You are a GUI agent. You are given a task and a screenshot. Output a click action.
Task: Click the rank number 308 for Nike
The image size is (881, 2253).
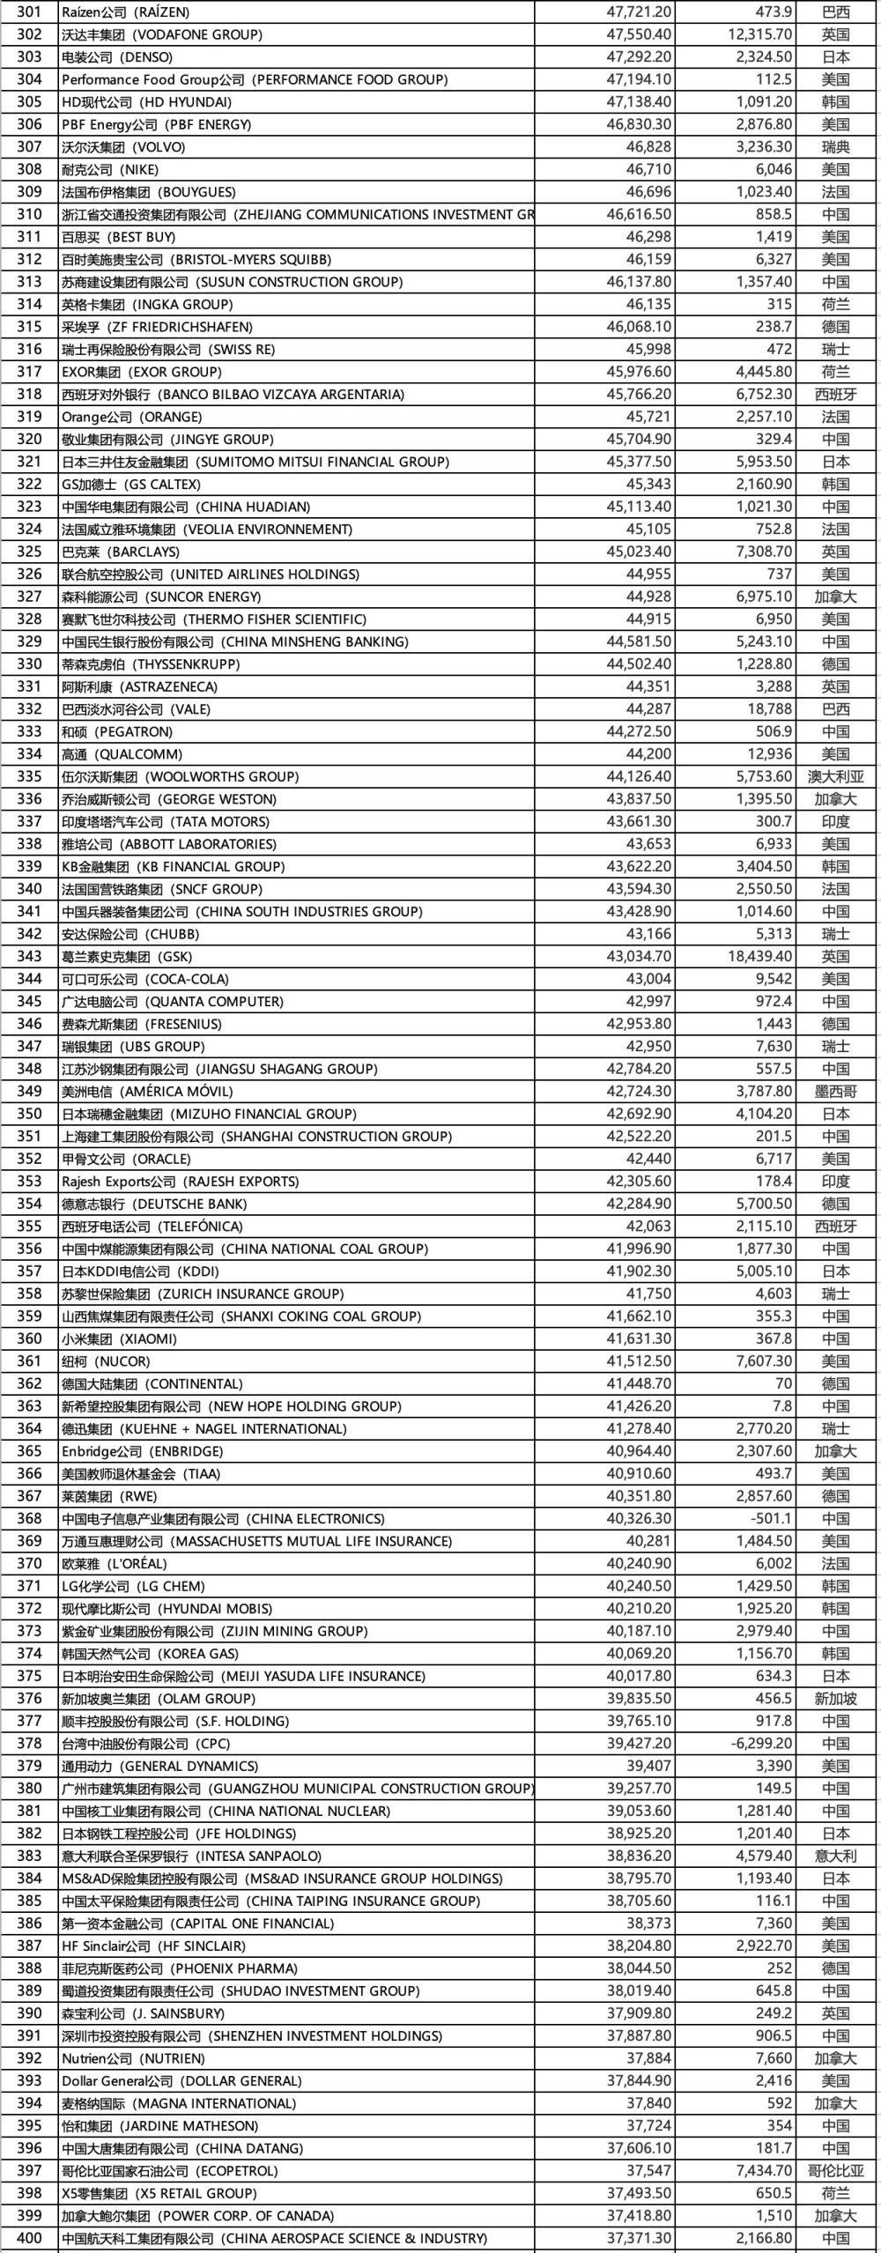coord(29,169)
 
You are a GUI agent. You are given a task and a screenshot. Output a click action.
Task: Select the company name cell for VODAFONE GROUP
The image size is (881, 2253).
coord(162,34)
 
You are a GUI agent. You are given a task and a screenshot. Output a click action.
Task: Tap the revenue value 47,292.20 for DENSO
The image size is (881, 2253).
coord(639,57)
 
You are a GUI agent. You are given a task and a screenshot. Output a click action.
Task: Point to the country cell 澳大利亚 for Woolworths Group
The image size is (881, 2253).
coord(835,777)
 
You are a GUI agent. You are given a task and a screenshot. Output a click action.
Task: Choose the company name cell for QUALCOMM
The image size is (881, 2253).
coord(122,754)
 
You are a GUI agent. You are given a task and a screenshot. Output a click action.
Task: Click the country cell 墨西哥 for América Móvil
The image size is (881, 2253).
coord(835,1092)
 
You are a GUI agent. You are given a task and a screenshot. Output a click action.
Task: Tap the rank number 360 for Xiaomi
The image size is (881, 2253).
coord(29,1339)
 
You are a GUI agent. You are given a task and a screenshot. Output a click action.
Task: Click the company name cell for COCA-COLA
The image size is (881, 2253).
coord(144,979)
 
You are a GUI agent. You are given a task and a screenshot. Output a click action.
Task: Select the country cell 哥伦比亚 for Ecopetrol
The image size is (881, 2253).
coord(835,2171)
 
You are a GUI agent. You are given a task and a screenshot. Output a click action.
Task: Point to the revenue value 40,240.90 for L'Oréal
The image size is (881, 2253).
coord(639,1564)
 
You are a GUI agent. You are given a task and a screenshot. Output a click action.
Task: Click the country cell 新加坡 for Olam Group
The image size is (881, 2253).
coord(835,1699)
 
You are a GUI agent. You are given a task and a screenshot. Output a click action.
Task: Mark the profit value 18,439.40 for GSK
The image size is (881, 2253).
coord(760,957)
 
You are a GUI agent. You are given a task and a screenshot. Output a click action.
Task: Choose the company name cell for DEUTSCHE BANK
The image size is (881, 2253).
coord(154,1204)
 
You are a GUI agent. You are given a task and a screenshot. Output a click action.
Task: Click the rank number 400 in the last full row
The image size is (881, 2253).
coord(29,2238)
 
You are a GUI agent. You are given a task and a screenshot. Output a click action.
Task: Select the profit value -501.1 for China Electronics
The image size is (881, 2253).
coord(770,1519)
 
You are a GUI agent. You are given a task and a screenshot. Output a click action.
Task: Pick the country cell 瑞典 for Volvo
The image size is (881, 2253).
coord(835,147)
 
